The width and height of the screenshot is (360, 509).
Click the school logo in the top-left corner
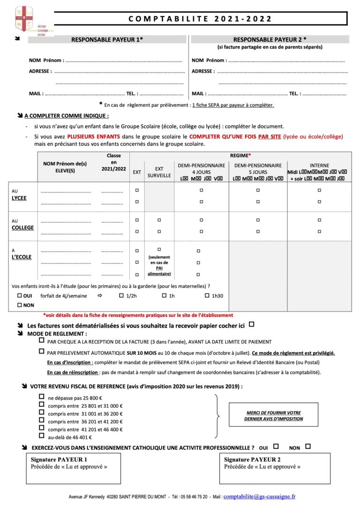coord(24,21)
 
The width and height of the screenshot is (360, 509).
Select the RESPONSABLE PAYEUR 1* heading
coord(107,40)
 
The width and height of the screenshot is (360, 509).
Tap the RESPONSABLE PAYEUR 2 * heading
coord(270,40)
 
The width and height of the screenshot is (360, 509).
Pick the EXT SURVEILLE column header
coord(159,172)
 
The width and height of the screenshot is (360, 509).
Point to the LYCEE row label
coord(19,198)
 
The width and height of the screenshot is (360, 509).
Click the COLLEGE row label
coord(23,227)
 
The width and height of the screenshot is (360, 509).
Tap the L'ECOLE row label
coord(22,257)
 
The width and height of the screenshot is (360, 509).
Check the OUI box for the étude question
coord(19,296)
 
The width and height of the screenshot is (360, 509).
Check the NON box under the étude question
coord(19,305)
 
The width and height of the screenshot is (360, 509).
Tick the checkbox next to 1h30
coord(207,296)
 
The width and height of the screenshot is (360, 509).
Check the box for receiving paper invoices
coord(252,324)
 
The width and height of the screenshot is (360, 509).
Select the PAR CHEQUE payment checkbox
coord(42,341)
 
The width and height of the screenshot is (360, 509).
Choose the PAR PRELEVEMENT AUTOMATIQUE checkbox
coord(42,352)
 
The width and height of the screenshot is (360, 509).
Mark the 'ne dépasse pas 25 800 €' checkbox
coord(42,397)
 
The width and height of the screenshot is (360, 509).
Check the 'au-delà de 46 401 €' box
coord(42,435)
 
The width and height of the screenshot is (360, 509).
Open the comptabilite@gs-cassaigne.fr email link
coord(260,497)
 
